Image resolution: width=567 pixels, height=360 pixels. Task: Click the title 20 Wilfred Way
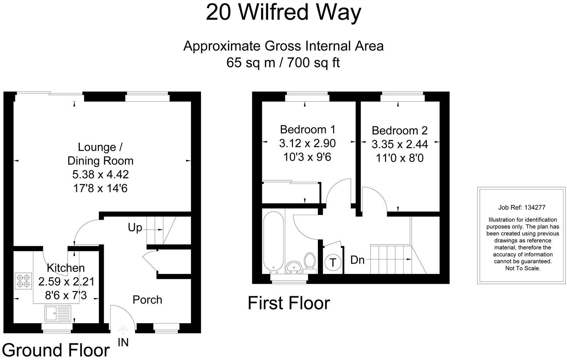(x=283, y=13)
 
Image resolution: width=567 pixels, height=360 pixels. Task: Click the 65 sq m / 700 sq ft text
(x=283, y=63)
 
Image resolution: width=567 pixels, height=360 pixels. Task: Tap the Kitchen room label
(x=66, y=268)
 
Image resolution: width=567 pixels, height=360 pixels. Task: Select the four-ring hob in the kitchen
(x=23, y=280)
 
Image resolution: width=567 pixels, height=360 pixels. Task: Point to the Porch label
(x=147, y=300)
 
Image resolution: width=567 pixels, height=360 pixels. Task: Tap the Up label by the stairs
(x=135, y=228)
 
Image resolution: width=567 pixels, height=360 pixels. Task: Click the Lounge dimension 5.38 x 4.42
(x=100, y=174)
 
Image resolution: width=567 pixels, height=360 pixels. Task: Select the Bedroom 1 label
(x=307, y=129)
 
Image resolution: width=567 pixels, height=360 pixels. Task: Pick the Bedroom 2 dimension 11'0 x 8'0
(x=400, y=158)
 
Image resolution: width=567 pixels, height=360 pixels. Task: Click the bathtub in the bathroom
(x=273, y=241)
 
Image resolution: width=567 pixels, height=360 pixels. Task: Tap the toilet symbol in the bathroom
(x=310, y=262)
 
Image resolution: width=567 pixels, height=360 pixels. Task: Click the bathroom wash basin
(x=293, y=267)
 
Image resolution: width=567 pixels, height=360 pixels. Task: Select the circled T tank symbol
(x=333, y=263)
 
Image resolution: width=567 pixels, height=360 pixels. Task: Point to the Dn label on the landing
(x=357, y=260)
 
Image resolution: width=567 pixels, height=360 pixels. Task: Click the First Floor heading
(x=289, y=303)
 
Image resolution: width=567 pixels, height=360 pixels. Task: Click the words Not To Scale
(x=522, y=268)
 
